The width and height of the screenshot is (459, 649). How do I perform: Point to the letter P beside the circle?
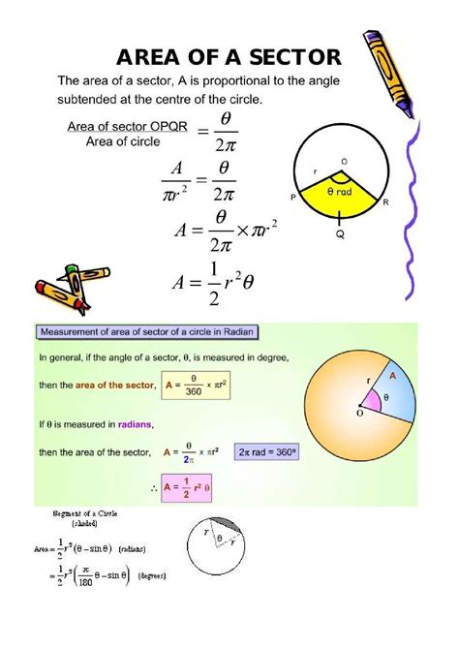pos(292,197)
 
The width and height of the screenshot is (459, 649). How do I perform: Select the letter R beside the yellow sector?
pos(385,201)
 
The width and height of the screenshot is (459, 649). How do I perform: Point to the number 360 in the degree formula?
pos(193,392)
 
